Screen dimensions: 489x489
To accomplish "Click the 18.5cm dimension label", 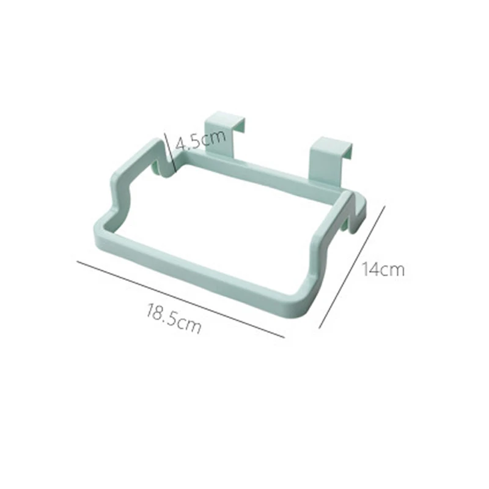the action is pos(174,318).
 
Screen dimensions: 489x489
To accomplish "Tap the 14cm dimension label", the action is pos(383,269).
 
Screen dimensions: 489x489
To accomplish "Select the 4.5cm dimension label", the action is pos(200,140).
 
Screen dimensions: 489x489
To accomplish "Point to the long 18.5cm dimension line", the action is pos(180,299).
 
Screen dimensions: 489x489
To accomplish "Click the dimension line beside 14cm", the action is pos(352,267).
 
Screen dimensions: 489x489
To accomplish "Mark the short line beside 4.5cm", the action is pos(171,152).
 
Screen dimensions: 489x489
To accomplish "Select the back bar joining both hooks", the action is pos(259,173).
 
